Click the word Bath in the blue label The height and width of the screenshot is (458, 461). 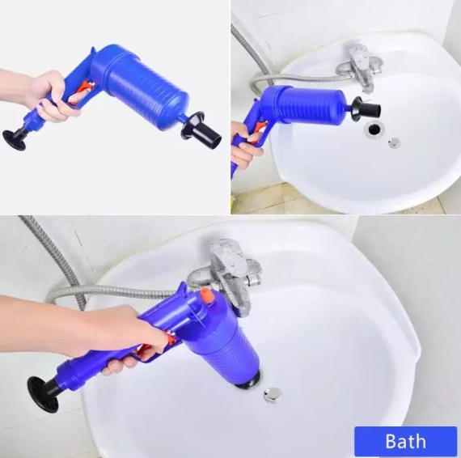[x=405, y=441]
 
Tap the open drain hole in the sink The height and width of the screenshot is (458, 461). [x=374, y=129]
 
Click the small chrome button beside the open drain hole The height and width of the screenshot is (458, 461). [x=394, y=142]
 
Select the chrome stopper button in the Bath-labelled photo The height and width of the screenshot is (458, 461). [x=273, y=394]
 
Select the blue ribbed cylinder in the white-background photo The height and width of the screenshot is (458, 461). [x=141, y=87]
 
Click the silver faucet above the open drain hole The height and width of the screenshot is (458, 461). [x=360, y=66]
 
